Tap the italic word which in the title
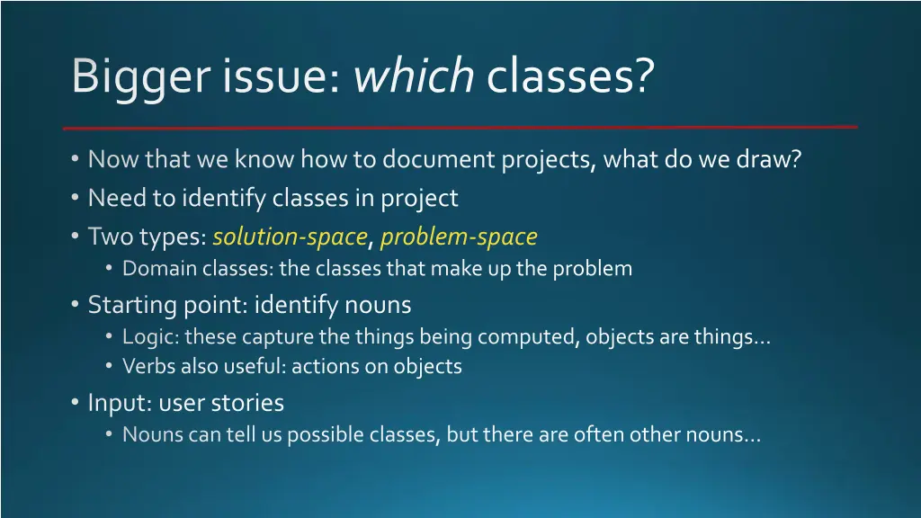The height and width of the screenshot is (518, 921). point(414,76)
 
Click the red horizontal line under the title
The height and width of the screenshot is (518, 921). point(460,127)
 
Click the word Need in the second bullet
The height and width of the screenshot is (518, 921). point(110,198)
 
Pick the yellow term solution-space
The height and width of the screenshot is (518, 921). point(290,237)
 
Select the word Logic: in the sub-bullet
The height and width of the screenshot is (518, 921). point(151,336)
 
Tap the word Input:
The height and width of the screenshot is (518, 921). point(120,403)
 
